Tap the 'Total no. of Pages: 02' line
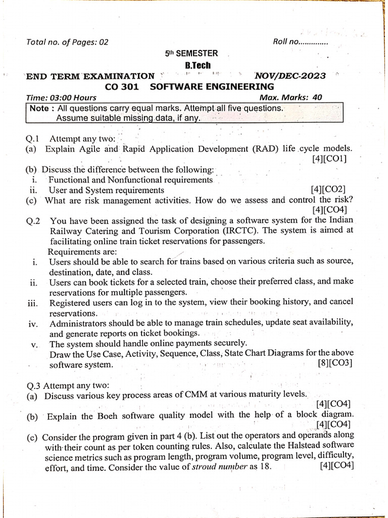click(67, 42)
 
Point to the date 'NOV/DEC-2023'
click(290, 76)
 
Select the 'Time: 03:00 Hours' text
click(61, 98)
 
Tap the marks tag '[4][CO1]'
click(329, 159)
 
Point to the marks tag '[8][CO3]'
click(334, 363)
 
